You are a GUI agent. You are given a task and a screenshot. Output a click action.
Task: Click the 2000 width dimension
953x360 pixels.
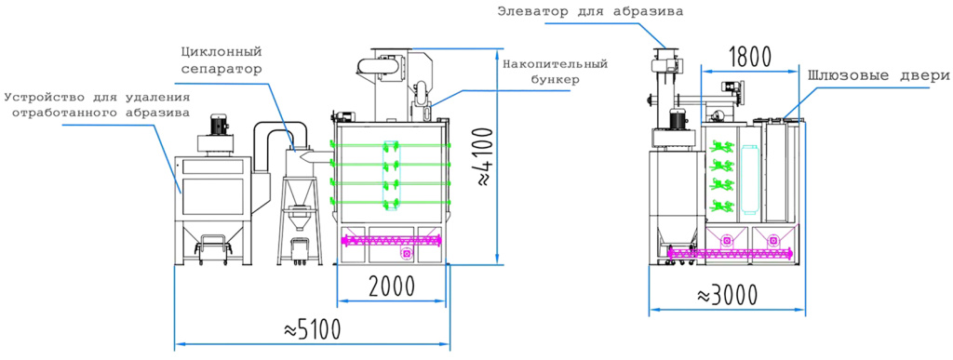click(392, 286)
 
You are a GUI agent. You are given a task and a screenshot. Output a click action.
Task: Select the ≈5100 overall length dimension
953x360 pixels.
click(312, 329)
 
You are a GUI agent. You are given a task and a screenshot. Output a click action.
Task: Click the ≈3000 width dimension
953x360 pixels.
click(727, 296)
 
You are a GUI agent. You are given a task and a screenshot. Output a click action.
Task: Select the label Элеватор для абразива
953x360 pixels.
click(590, 10)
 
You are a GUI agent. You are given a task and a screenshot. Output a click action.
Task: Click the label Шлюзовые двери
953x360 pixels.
click(879, 76)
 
